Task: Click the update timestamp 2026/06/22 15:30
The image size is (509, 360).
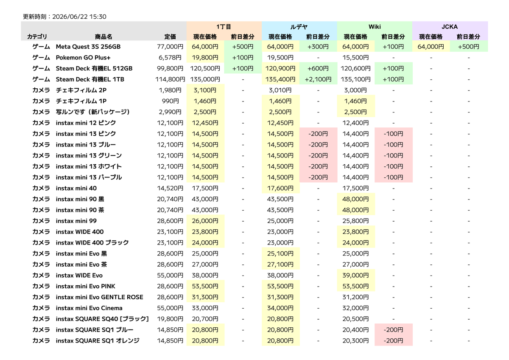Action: click(79, 17)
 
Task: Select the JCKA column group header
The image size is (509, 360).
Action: click(450, 27)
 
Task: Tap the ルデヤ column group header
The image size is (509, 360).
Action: click(299, 27)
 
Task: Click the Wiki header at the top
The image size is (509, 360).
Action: click(375, 27)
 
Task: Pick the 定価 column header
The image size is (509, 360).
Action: click(170, 37)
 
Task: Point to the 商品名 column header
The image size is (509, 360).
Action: click(103, 37)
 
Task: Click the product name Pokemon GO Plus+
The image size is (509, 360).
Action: click(83, 58)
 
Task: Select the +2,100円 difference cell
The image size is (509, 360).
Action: click(318, 79)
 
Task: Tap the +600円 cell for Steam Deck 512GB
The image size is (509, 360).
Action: click(318, 68)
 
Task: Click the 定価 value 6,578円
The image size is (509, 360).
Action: click(170, 58)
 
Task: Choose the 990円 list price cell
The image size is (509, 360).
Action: click(170, 101)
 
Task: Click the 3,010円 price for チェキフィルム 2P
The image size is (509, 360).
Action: click(280, 90)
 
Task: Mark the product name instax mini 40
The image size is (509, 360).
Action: click(76, 188)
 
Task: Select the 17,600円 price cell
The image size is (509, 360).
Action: click(280, 188)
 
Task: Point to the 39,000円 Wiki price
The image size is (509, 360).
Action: click(355, 276)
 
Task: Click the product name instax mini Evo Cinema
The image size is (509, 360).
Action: click(89, 308)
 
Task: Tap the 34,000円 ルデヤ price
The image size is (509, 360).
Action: click(280, 308)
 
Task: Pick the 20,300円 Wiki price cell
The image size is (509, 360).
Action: click(355, 340)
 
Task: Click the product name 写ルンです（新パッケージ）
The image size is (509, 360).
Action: click(93, 112)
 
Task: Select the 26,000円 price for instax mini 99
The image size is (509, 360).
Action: click(205, 221)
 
